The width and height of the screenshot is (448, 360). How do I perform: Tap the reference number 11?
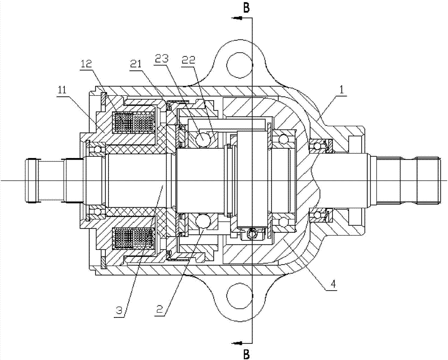62,90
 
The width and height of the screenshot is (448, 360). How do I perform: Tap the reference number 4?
333,284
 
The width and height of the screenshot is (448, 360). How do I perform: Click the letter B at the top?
246,8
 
